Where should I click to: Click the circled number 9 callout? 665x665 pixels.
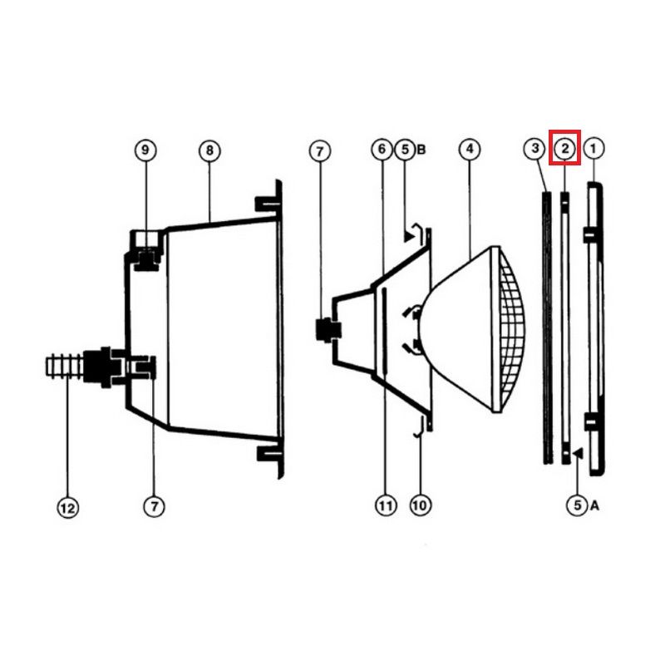click(x=145, y=150)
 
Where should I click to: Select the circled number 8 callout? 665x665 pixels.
click(x=209, y=151)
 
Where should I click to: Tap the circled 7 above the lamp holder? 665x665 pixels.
click(x=320, y=151)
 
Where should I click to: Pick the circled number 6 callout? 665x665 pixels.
click(x=382, y=150)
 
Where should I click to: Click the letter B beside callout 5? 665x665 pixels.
click(x=421, y=150)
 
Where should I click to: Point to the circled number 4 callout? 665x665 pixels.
click(x=470, y=149)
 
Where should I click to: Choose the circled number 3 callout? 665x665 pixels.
click(x=534, y=149)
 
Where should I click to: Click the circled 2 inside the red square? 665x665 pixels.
click(x=565, y=149)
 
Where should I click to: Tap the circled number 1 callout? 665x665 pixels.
click(x=594, y=149)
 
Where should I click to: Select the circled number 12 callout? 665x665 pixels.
click(x=68, y=508)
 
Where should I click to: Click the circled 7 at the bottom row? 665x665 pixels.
click(x=154, y=506)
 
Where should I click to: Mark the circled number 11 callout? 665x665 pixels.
click(x=386, y=505)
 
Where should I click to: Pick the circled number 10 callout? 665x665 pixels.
click(x=420, y=505)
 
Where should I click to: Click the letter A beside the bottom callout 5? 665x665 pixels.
click(x=594, y=505)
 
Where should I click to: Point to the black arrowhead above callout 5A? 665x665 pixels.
click(x=578, y=454)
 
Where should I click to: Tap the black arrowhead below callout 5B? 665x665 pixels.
click(x=409, y=237)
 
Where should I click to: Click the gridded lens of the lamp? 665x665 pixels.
click(x=511, y=329)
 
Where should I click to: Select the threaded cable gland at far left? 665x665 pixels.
click(x=64, y=367)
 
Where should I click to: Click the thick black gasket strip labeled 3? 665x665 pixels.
click(x=548, y=328)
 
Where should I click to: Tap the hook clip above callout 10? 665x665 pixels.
click(x=420, y=427)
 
